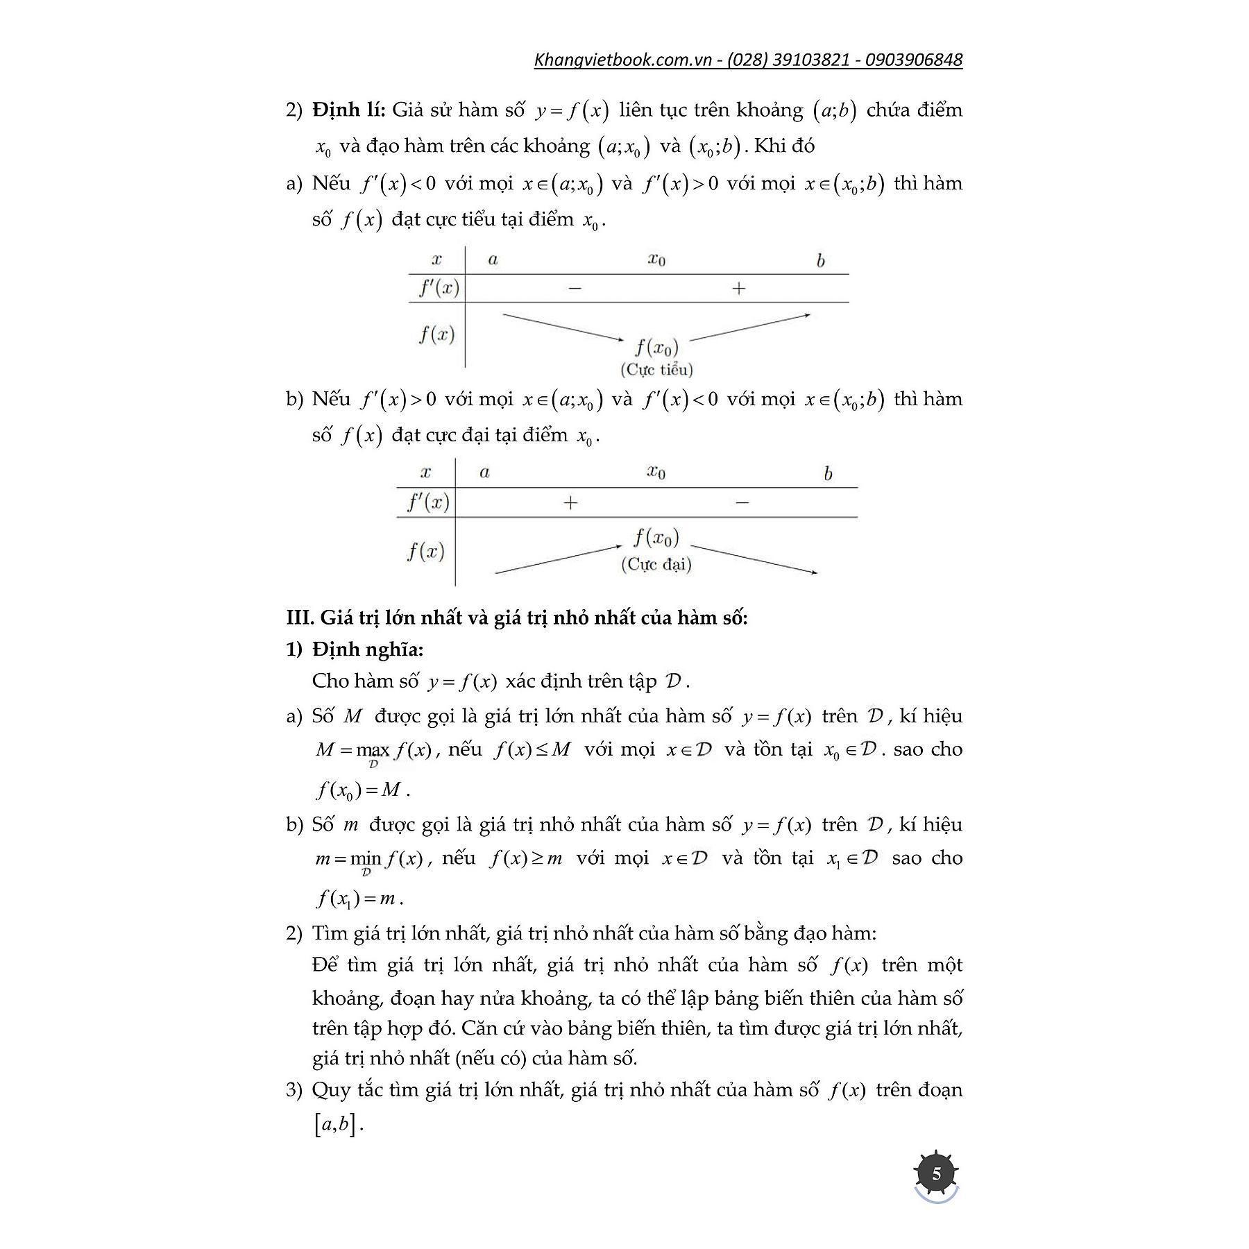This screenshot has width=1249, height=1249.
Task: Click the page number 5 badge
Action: pos(937,1174)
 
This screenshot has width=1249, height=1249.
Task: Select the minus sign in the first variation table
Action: pos(575,288)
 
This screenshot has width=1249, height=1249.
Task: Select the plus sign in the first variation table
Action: pos(738,288)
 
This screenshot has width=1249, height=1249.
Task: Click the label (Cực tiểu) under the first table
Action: pos(656,369)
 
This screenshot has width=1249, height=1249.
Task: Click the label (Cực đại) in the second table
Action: pos(656,564)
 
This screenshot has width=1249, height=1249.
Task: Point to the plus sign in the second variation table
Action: pos(570,502)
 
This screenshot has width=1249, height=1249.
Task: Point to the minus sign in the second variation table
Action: pos(742,502)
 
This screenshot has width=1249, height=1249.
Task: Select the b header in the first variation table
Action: pos(820,261)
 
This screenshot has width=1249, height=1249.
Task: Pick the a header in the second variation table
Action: pos(484,473)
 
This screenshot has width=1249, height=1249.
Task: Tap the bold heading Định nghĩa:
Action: pos(367,649)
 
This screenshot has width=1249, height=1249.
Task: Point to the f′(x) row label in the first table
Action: pos(439,288)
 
